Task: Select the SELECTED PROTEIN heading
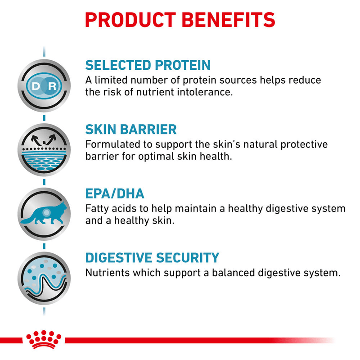click(148, 65)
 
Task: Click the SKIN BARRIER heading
click(131, 130)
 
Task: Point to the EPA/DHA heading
click(115, 194)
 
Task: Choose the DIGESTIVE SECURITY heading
click(152, 258)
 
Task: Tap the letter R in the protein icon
click(52, 85)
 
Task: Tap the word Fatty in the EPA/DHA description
click(97, 209)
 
